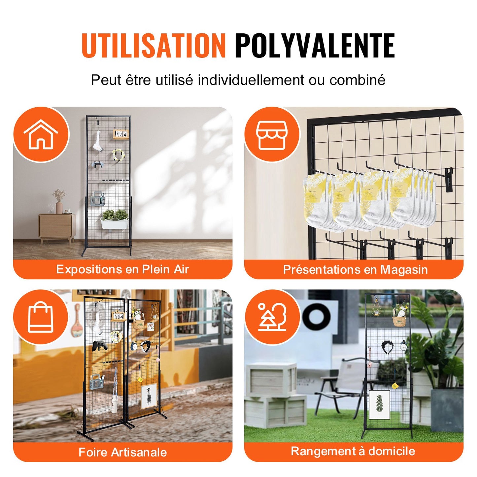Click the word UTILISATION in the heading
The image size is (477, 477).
click(x=153, y=46)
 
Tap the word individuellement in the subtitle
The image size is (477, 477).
click(x=251, y=80)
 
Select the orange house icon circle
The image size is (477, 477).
click(x=41, y=134)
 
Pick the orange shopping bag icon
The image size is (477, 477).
click(x=41, y=317)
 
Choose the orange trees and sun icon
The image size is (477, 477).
click(x=272, y=317)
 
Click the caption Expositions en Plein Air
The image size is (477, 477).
click(x=122, y=269)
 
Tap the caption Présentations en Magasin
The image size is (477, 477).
click(x=355, y=270)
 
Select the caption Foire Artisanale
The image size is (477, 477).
click(x=122, y=452)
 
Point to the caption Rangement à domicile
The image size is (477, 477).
click(x=353, y=451)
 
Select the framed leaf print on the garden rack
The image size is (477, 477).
click(x=379, y=404)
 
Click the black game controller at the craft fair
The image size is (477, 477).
click(x=99, y=346)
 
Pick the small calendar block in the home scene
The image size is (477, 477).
click(x=120, y=134)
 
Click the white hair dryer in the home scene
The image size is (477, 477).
click(x=99, y=142)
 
